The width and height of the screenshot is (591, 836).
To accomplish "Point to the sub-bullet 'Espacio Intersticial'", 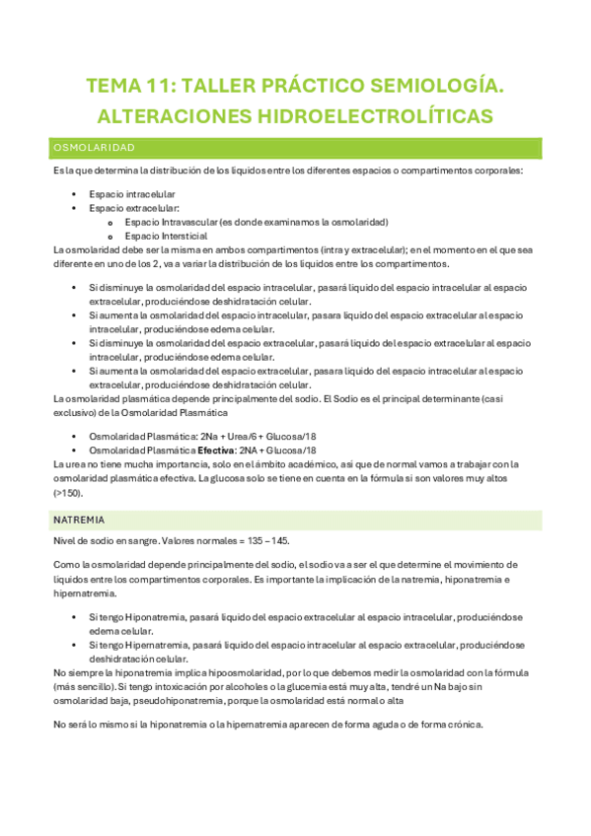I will coord(166,236).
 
